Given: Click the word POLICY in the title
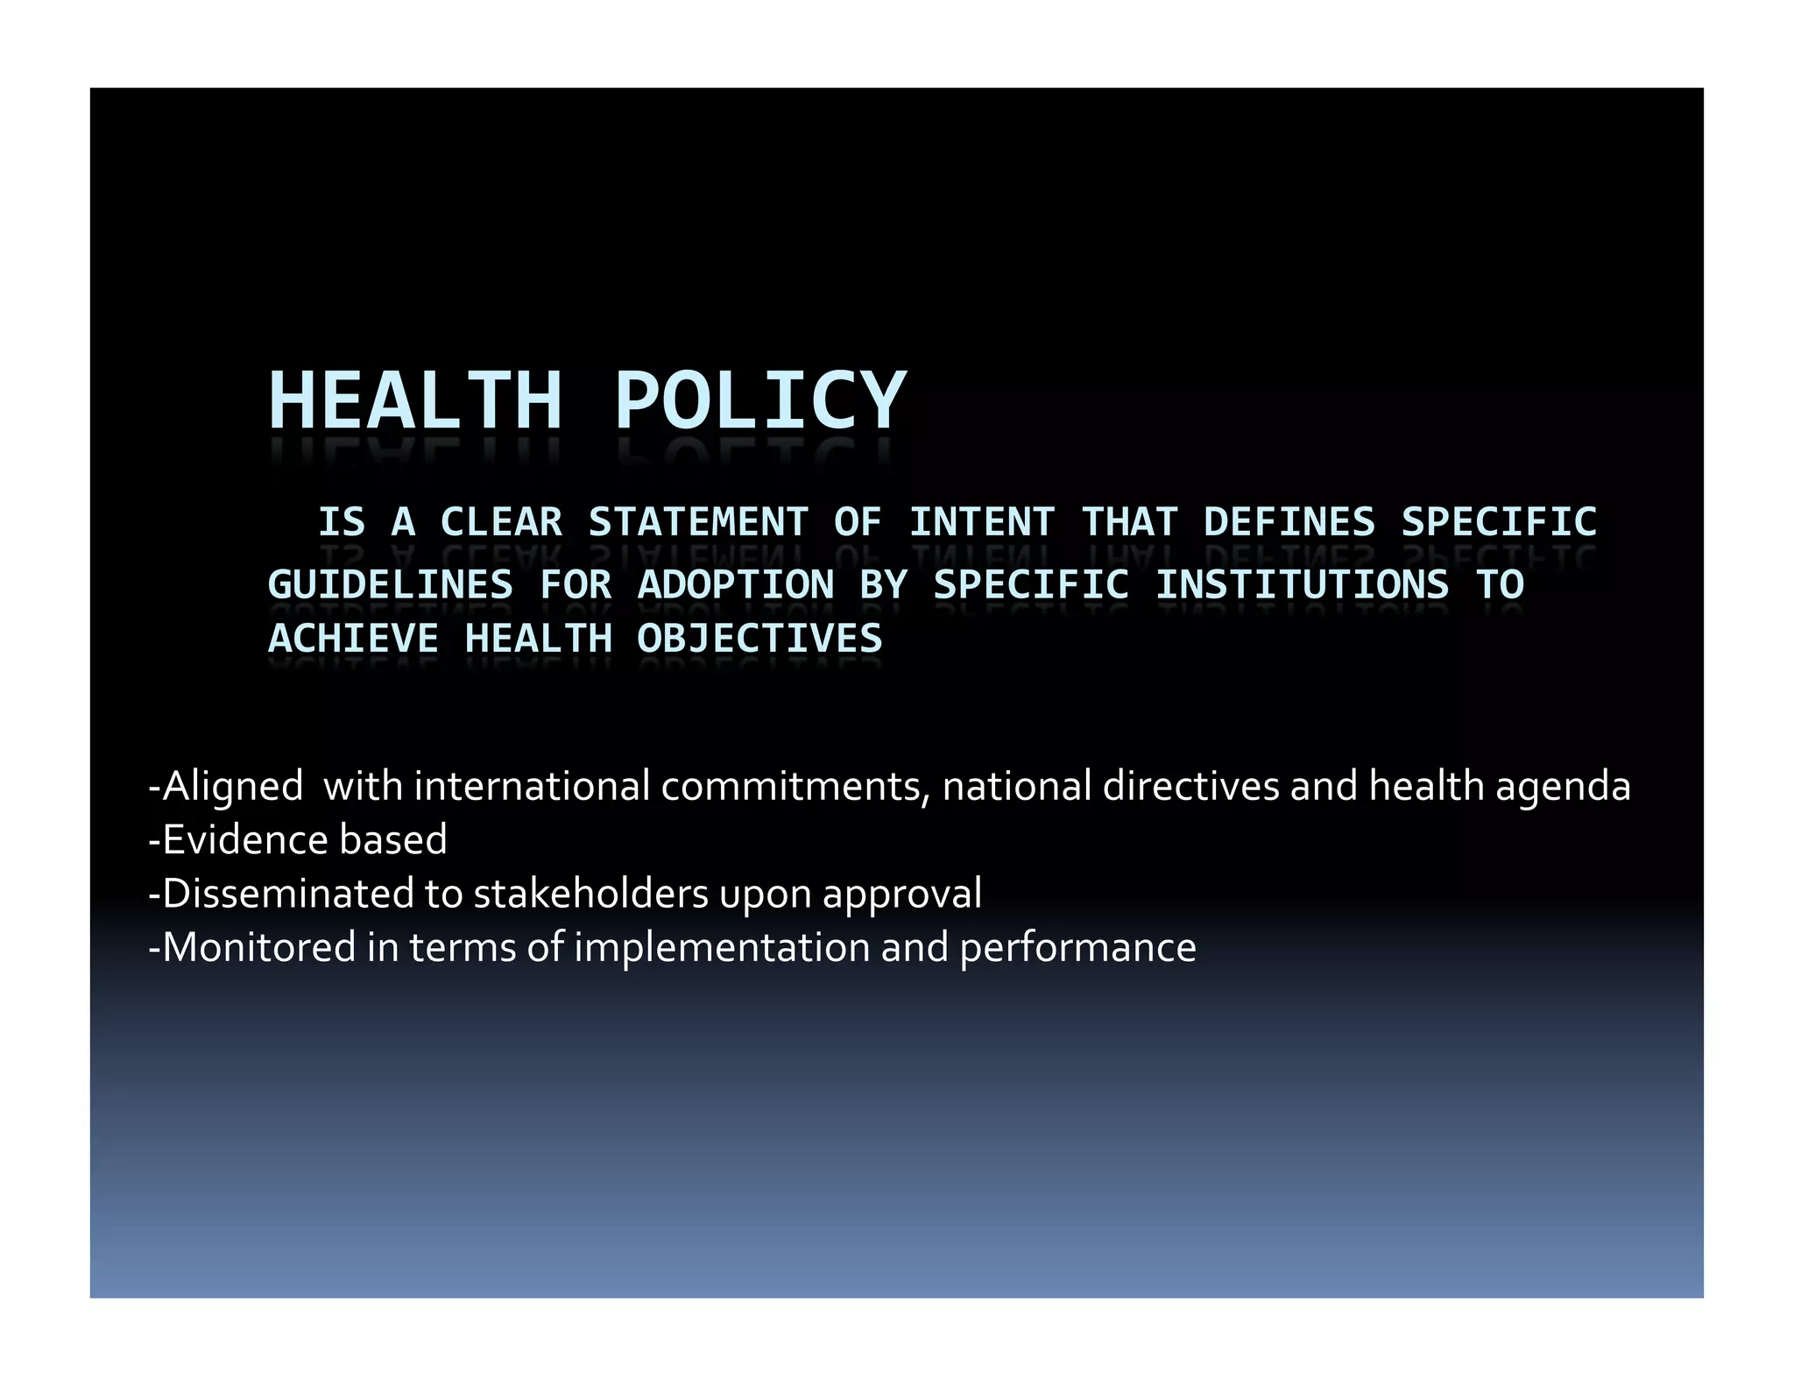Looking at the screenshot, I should [x=759, y=400].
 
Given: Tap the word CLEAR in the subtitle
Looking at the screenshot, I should [x=501, y=522].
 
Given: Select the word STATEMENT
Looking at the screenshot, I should [x=697, y=522].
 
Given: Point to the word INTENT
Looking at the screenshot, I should [x=981, y=522].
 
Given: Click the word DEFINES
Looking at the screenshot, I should [x=1289, y=522].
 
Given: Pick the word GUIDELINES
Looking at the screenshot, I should [x=391, y=584].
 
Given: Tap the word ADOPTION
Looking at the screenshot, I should [x=736, y=584].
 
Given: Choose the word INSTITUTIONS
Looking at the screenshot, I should [x=1302, y=584].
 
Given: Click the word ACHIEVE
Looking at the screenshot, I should [x=353, y=639].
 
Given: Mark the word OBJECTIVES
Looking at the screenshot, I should [x=759, y=639].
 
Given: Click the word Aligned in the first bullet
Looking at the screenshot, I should [x=232, y=787].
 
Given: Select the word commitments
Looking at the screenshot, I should [x=795, y=786].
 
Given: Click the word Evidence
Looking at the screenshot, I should [x=245, y=839].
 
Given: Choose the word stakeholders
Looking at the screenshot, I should [x=590, y=894].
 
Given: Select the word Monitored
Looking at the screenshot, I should [x=259, y=947].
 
